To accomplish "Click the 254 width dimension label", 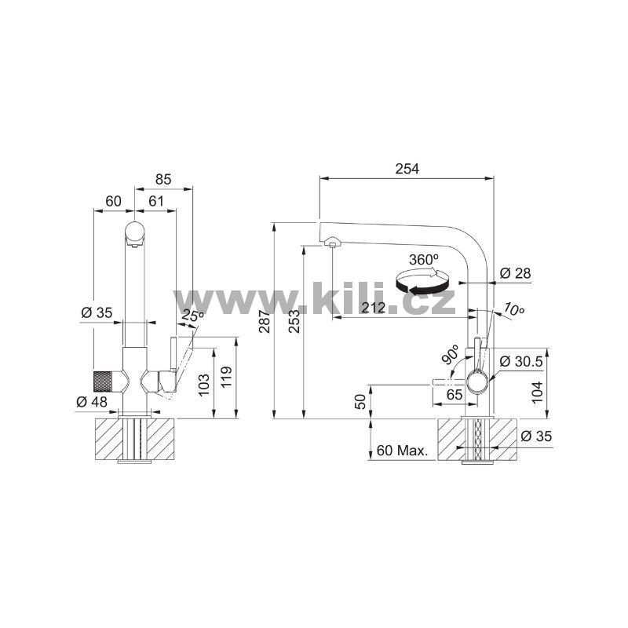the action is [407, 169].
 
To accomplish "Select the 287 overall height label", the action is [264, 321].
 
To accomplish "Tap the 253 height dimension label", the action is [294, 321].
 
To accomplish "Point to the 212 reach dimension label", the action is [374, 308].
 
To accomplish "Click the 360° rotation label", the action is [424, 260].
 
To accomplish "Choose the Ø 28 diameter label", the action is [515, 273].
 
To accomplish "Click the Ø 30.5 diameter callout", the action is [520, 361].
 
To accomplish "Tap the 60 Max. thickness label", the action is [402, 451].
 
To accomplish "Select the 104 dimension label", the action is [537, 392].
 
